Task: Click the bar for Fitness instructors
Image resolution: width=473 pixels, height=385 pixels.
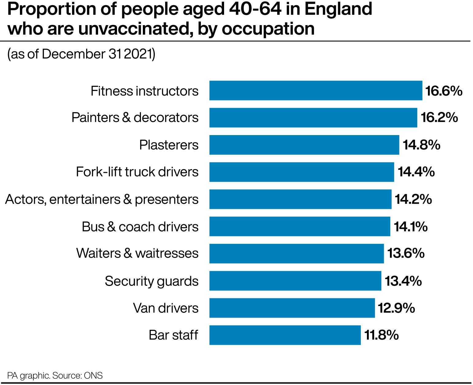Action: pos(316,91)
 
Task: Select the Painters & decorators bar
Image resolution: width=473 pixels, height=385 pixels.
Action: pos(313,118)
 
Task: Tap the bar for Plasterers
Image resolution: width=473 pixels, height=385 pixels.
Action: pos(304,145)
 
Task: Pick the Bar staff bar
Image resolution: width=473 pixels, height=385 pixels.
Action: pos(285,335)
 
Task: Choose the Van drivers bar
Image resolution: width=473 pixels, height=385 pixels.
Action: pos(292,308)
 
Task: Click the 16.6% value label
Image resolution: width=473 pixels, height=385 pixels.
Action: pos(444,91)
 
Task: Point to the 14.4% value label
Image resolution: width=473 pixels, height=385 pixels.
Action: pos(416,172)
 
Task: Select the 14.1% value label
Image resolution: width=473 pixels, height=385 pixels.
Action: pos(410,227)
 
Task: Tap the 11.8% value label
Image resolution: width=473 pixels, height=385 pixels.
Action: pos(381,335)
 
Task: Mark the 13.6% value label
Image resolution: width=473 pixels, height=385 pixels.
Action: pos(406,253)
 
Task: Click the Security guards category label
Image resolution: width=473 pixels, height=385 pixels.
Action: pos(152,281)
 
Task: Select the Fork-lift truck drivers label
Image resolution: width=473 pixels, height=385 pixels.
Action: pos(137,172)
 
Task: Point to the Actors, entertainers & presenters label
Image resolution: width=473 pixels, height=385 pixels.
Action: pos(102,199)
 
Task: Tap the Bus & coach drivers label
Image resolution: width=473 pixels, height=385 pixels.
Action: pos(140,227)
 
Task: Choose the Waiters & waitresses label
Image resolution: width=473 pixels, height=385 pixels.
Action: pos(137,253)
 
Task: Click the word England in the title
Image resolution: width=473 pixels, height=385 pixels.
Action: pos(338,9)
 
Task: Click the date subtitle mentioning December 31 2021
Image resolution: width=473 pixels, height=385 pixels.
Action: pos(81,54)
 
